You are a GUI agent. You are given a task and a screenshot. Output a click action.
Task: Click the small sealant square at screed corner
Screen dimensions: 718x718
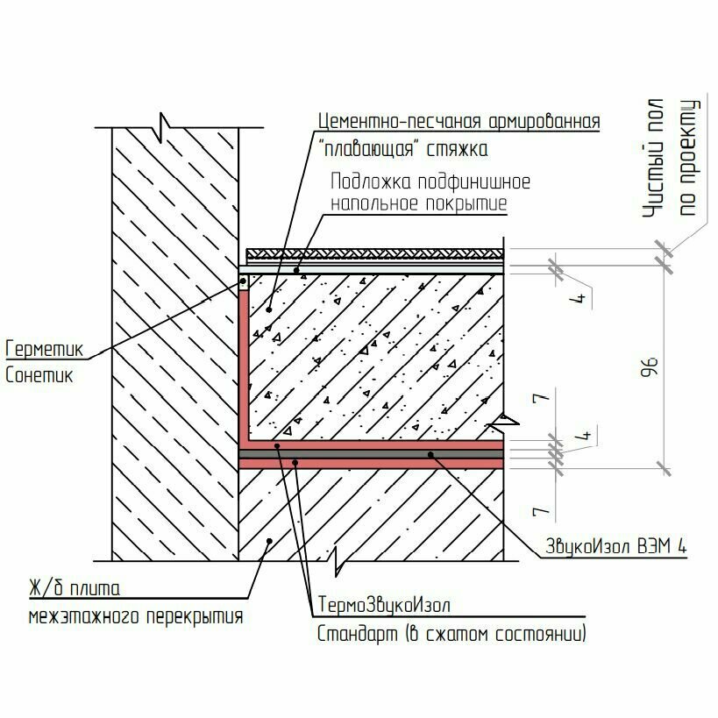244,282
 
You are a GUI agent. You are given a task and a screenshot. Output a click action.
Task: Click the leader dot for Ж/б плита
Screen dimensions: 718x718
269,541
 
